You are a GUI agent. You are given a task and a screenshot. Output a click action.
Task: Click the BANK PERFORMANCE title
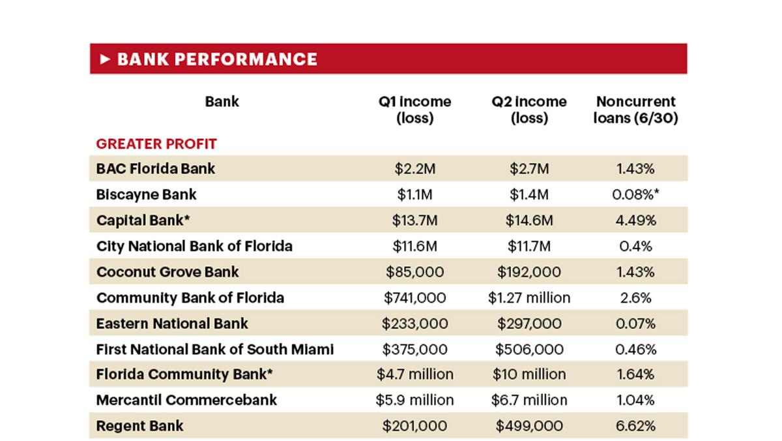point(217,59)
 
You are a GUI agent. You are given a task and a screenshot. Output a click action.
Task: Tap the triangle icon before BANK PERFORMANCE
point(106,59)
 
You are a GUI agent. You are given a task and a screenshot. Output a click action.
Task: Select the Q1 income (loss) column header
point(415,110)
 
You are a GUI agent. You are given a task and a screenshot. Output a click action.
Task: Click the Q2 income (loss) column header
point(529,110)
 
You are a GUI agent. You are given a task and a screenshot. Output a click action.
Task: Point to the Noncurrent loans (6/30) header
point(635,110)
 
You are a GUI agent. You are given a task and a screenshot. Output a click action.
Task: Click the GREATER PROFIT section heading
point(156,144)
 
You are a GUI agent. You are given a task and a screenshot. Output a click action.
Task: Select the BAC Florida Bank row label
point(155,168)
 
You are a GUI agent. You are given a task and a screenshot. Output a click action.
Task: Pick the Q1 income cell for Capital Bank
point(415,220)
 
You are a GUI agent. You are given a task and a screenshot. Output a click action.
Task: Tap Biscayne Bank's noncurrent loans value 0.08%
point(635,194)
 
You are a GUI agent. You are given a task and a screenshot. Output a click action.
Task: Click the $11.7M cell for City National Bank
point(529,246)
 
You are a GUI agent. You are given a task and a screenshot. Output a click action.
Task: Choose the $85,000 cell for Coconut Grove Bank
point(415,272)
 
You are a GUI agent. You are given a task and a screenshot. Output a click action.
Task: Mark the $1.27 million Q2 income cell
point(529,298)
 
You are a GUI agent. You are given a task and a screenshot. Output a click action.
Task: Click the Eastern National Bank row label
point(172,324)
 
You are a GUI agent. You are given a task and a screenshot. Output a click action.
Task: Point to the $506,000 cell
point(529,350)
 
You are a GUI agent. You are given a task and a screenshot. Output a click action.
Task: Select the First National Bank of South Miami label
point(215,349)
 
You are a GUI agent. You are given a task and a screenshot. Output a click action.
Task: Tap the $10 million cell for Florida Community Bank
point(529,375)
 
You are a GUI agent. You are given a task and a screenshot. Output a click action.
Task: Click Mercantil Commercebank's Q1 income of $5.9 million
point(415,400)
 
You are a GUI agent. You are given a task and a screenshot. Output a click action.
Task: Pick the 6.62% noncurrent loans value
point(635,426)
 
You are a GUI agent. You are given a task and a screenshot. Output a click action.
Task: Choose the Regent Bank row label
point(140,426)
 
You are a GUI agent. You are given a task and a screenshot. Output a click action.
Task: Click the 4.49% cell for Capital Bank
point(635,220)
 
